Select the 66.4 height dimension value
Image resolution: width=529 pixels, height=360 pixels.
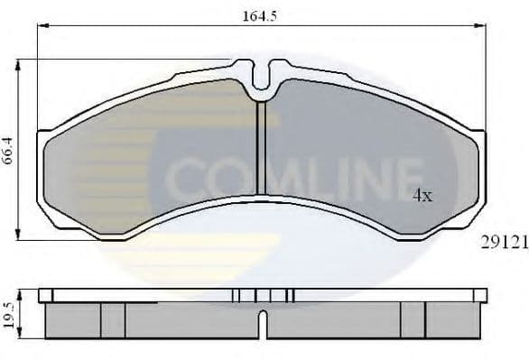9,149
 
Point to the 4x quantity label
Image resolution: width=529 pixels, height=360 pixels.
423,195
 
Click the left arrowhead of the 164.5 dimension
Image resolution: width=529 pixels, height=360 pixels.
41,25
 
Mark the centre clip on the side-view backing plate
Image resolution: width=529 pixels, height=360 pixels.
262,295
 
